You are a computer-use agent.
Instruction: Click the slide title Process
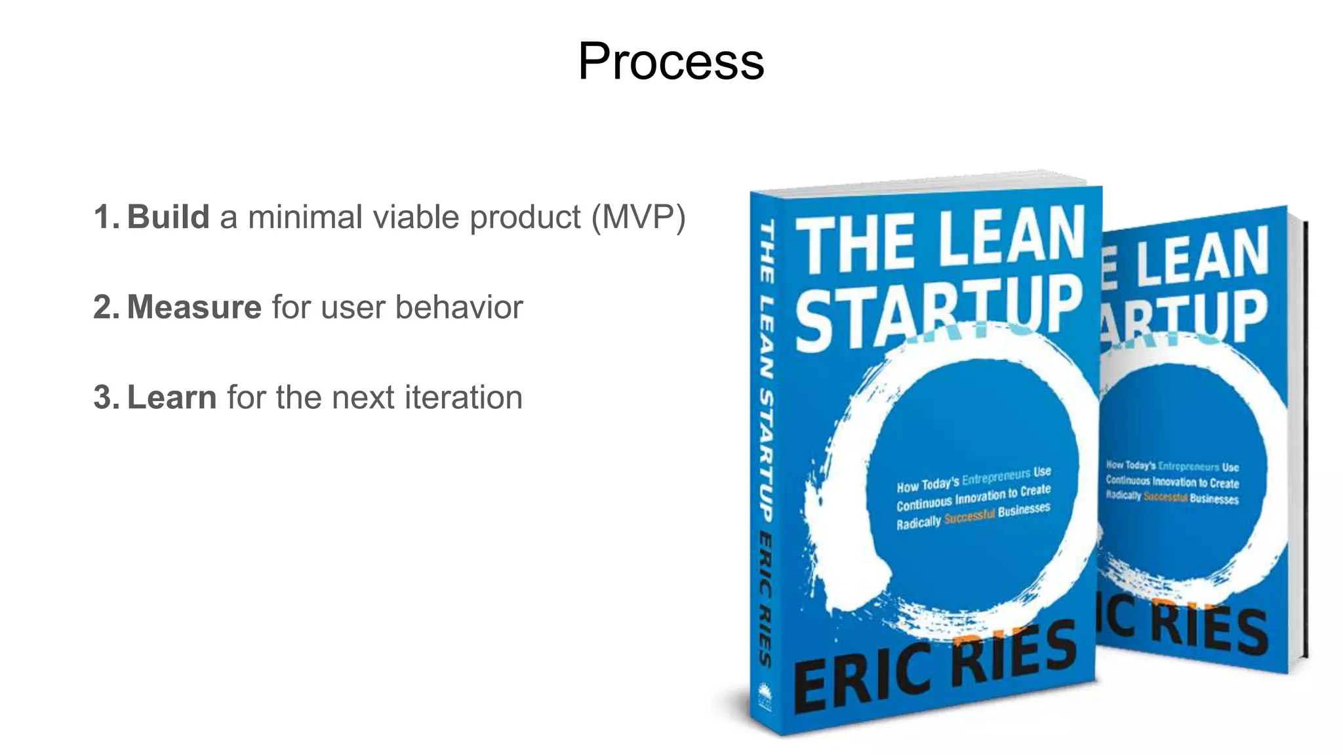671,62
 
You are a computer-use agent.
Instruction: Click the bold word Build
168,217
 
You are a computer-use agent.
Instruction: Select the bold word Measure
194,307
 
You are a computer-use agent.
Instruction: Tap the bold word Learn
172,397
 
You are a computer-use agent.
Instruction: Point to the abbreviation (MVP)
638,217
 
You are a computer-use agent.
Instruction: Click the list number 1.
105,217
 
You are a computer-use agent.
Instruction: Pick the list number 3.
105,397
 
